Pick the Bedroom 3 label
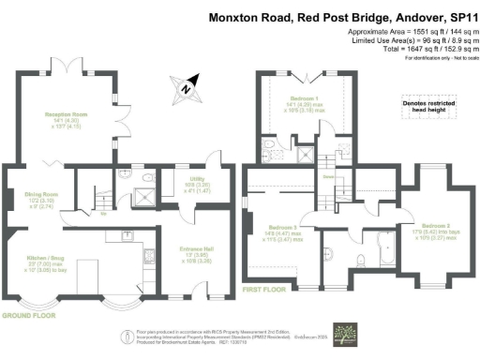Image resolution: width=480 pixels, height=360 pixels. pyautogui.click(x=281, y=228)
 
